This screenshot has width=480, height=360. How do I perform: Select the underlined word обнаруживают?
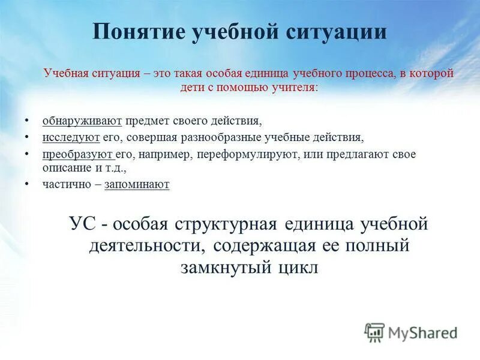coord(82,121)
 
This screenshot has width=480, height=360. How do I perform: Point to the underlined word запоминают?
coord(137,184)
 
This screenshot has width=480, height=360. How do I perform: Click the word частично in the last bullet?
coord(65,184)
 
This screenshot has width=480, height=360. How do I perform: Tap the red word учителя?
coord(293,87)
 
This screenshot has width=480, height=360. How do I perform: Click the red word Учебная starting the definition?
coord(66,74)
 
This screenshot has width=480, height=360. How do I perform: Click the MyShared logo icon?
coord(374,332)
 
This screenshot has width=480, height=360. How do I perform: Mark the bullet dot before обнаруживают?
coord(28,121)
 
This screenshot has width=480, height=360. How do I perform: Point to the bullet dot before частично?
coord(28,184)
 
